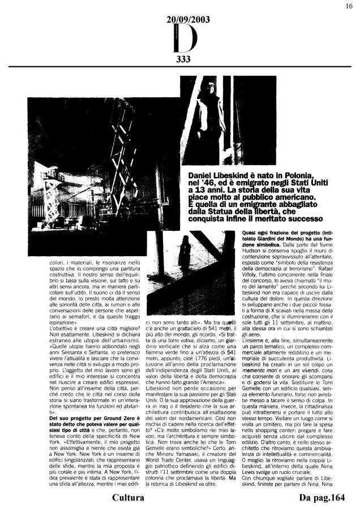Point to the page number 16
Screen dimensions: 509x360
[349, 6]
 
